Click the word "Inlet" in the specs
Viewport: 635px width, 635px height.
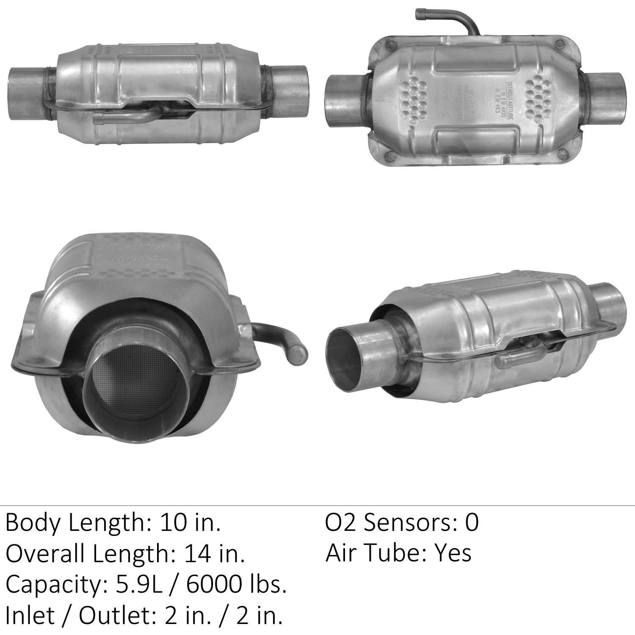(x=30, y=616)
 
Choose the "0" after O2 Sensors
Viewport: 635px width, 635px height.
(x=472, y=523)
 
